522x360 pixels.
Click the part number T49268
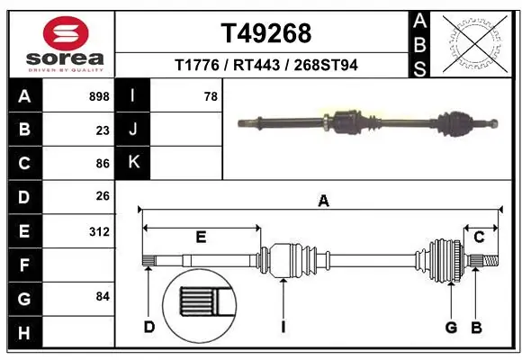point(266,33)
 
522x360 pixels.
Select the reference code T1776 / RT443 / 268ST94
point(265,65)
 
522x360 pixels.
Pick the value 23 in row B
point(103,130)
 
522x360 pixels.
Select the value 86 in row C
point(103,164)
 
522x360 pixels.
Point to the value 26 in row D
point(103,196)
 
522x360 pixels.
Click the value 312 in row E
point(99,230)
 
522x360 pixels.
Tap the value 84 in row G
point(103,296)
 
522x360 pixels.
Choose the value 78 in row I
point(211,96)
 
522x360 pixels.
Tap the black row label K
point(133,163)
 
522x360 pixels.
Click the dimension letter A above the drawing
point(322,202)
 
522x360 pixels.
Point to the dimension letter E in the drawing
point(201,238)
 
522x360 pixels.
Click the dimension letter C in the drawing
point(480,238)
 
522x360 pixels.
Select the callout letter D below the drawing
point(149,326)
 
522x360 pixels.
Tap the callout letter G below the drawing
point(451,326)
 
